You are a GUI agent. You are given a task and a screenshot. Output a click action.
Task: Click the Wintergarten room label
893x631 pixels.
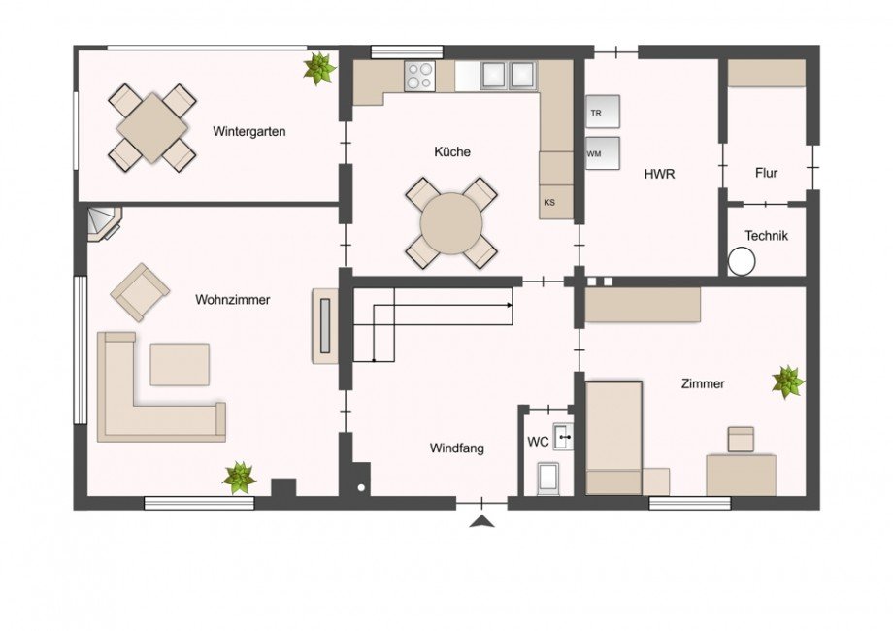point(249,132)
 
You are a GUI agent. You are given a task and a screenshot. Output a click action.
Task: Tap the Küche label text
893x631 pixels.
point(452,152)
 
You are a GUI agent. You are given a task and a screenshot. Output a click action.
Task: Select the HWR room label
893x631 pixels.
point(659,175)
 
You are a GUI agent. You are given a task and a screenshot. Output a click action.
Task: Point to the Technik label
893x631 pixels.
point(766,236)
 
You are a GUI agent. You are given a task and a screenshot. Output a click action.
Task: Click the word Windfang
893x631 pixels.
point(456,448)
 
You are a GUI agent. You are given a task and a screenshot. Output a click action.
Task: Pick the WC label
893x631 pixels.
point(538,442)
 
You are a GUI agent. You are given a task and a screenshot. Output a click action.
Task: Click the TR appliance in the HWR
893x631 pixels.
point(602,113)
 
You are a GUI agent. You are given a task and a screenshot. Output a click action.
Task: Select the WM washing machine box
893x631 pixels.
point(602,153)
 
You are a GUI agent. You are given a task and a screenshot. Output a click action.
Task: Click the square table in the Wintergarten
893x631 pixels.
point(152,127)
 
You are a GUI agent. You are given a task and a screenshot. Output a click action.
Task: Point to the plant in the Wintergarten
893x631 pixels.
point(317,68)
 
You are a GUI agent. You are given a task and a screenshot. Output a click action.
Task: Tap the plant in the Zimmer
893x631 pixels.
point(787,382)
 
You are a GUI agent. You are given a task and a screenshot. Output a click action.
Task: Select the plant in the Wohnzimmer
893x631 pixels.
point(239,478)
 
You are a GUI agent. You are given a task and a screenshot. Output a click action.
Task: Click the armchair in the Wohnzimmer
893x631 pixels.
point(140,291)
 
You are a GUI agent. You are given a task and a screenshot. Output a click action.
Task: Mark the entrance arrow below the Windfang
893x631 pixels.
point(480,523)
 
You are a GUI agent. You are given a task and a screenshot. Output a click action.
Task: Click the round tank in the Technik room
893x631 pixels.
point(743,261)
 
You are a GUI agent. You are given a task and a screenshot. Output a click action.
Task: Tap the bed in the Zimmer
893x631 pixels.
point(614,437)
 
